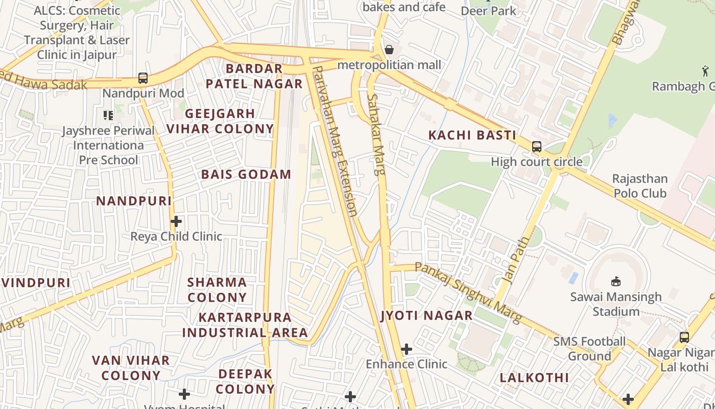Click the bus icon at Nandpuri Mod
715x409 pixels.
[143, 78]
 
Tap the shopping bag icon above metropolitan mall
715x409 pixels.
[389, 50]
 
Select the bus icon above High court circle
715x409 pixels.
[536, 147]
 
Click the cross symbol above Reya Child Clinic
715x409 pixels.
[176, 221]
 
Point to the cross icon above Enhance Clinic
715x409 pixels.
[407, 349]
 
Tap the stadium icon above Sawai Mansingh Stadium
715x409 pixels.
[615, 281]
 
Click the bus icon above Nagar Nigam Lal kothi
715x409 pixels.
[684, 337]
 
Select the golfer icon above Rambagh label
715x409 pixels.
[705, 71]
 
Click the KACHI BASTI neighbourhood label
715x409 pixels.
[472, 135]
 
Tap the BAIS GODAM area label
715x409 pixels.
[246, 174]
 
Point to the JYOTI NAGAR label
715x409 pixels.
[427, 315]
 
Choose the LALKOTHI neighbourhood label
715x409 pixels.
[534, 378]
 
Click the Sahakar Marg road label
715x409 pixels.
[376, 134]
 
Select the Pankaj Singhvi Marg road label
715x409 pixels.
[468, 292]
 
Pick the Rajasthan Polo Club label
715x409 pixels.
[640, 186]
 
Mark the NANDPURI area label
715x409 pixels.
[134, 201]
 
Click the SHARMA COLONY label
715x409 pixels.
[217, 289]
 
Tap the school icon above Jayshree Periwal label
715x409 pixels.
[108, 115]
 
